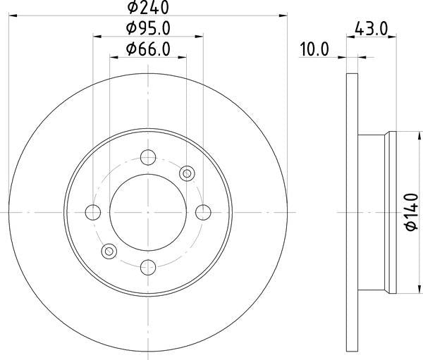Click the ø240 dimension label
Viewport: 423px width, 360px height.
(148, 7)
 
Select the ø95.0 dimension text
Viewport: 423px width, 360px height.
(148, 28)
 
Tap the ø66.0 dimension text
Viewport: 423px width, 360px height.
(148, 49)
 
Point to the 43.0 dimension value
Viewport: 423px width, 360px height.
(371, 28)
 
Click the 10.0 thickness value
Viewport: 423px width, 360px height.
(314, 49)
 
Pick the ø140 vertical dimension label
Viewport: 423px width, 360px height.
(412, 212)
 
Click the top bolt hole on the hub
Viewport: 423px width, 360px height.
(148, 157)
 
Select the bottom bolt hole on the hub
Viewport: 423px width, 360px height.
(148, 268)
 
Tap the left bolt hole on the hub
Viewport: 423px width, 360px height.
(93, 212)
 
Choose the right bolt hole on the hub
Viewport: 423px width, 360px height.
(203, 212)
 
